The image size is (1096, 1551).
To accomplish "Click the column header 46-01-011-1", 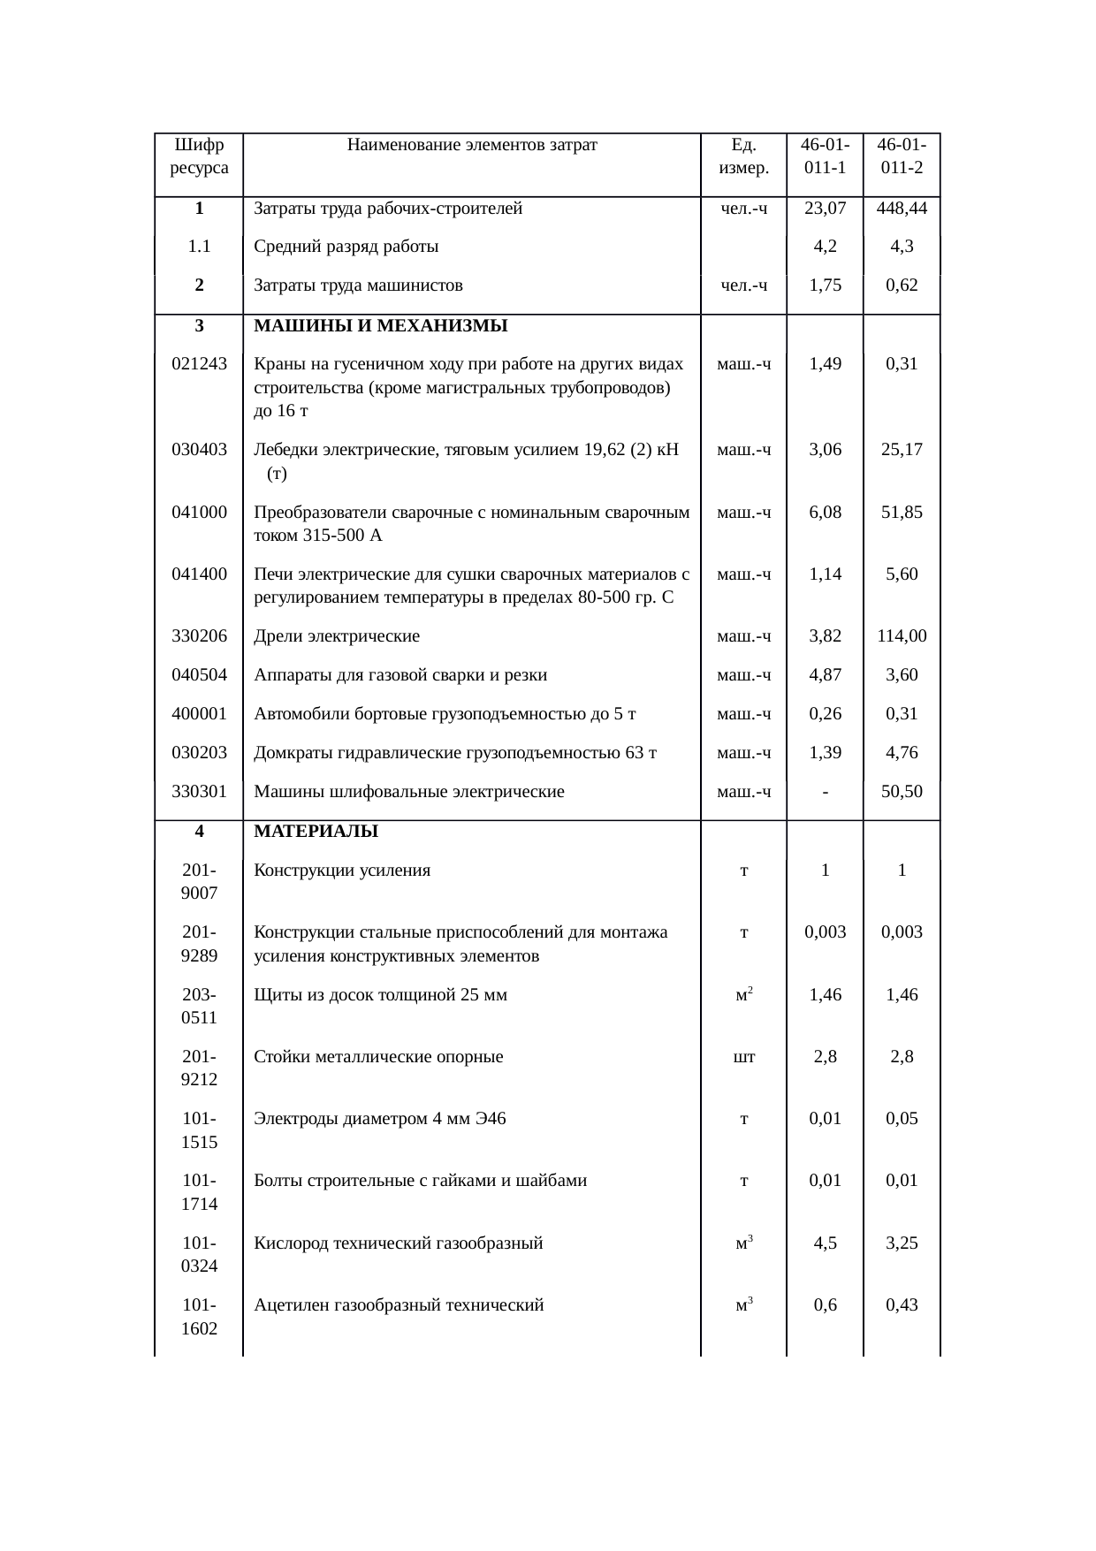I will point(825,156).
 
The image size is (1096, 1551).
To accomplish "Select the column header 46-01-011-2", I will point(902,156).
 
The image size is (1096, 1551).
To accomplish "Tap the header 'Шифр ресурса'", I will point(199,156).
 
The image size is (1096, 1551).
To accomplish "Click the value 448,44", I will point(902,209).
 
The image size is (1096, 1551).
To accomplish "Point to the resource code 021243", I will point(199,364).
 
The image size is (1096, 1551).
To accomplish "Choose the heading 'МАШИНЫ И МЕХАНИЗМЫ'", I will point(380,326).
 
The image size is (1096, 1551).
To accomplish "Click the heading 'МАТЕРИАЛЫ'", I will point(316,832).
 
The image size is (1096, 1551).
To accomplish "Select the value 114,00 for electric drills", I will point(902,636).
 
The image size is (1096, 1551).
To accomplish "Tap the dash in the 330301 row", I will point(825,792).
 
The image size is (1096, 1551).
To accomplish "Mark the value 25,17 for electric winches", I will point(902,450).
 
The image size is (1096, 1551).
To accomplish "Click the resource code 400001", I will point(199,714).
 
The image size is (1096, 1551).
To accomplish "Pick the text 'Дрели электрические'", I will point(337,636).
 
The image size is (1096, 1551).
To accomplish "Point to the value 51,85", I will point(902,513).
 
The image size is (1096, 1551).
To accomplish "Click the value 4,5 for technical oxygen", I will point(825,1243).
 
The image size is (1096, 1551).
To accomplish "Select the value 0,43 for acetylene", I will point(902,1305).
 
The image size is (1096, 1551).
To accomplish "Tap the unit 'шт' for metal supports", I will point(744,1057).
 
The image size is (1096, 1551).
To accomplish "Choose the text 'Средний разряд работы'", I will point(346,247).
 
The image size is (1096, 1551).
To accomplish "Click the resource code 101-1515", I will point(199,1130).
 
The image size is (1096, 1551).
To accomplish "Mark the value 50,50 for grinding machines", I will point(902,792).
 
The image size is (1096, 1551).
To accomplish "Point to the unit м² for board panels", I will point(744,994).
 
